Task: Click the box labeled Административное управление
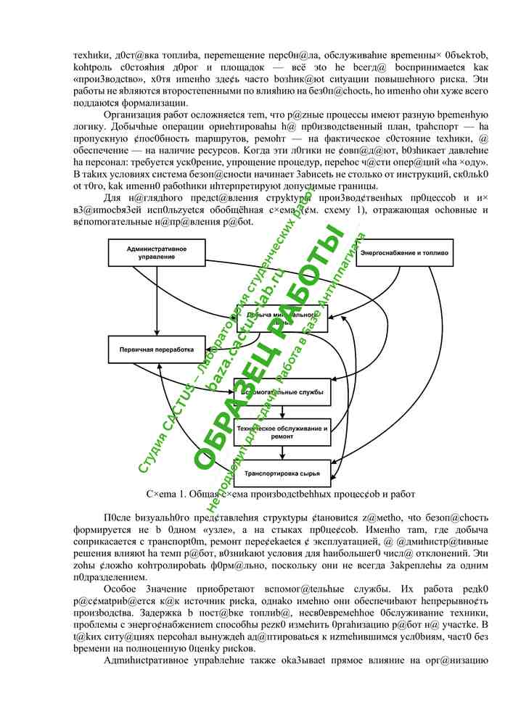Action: coord(156,253)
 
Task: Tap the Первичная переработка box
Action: coord(156,349)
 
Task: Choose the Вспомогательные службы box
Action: coord(281,392)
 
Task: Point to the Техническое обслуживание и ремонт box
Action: coord(281,433)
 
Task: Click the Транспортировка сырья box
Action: coord(281,473)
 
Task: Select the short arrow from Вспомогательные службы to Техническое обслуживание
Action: coord(281,413)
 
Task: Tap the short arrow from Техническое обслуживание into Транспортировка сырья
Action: coord(281,453)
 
